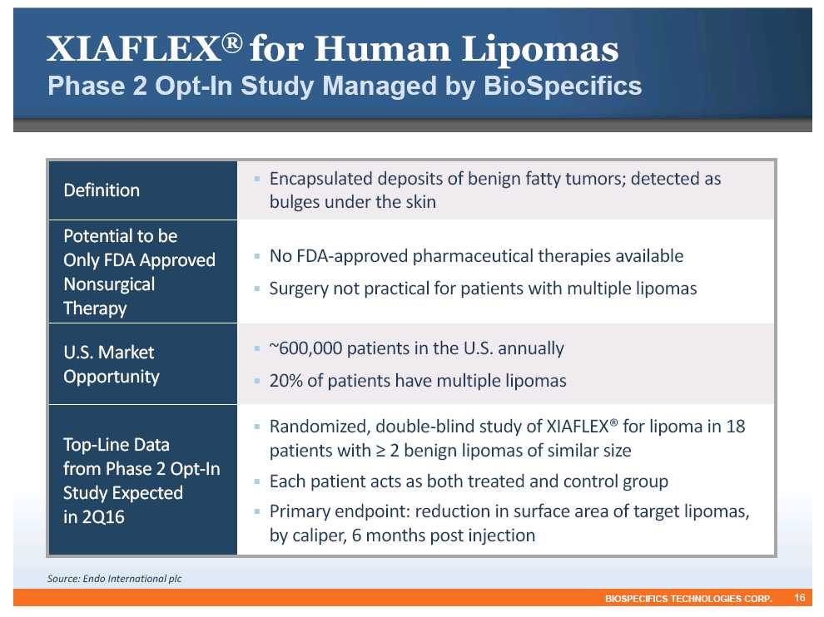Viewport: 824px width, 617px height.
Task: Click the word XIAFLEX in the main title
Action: coord(133,49)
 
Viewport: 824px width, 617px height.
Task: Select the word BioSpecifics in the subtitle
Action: coord(563,86)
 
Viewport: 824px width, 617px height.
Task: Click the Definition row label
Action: coord(102,190)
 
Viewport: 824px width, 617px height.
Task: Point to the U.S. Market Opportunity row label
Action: coord(112,364)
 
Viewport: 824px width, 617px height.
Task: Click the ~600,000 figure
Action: coord(305,348)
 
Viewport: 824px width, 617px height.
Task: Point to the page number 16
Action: coord(799,598)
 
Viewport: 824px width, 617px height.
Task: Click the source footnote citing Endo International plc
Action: coord(115,579)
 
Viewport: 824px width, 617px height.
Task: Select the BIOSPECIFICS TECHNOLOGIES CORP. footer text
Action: coord(688,599)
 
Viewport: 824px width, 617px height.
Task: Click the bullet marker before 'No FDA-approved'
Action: coord(257,256)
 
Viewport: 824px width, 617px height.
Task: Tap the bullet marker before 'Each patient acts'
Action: coord(257,481)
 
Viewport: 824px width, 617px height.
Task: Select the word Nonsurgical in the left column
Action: coord(109,284)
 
